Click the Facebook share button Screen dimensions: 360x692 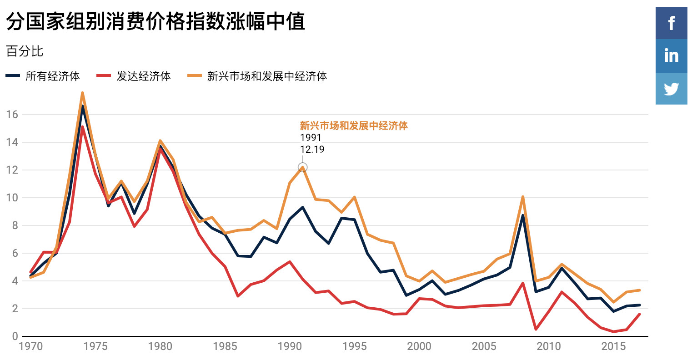point(671,23)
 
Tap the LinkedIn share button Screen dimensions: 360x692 point(671,55)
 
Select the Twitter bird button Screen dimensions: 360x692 point(671,89)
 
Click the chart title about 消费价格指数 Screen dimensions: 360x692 point(155,21)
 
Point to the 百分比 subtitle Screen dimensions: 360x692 point(25,51)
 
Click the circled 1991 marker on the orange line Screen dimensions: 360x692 point(302,167)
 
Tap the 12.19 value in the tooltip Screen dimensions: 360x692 point(312,150)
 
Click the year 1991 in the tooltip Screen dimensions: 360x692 point(311,137)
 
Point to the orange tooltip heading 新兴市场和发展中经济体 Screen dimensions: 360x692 point(354,125)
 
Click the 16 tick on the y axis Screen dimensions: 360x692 point(12,115)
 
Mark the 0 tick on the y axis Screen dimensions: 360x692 point(15,336)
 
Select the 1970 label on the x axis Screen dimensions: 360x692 point(30,346)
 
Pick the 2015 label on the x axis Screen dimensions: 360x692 point(613,346)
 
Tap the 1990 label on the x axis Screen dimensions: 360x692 point(290,346)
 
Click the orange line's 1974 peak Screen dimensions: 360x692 point(82,93)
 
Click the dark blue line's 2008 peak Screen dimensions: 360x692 point(523,215)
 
